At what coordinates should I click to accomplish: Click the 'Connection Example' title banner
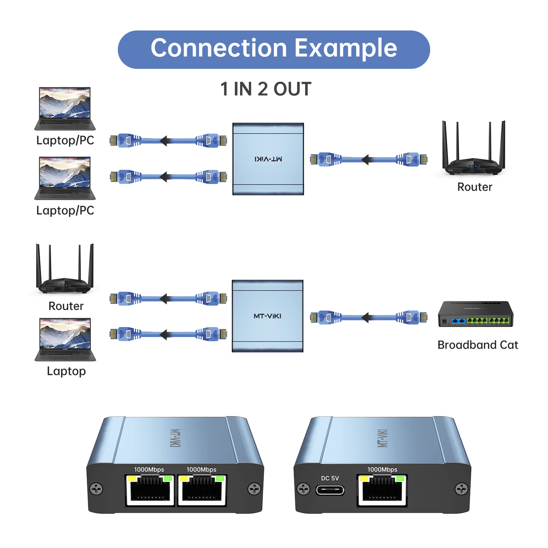(274, 49)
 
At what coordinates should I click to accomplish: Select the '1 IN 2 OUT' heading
(266, 89)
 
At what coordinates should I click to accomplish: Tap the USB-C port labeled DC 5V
(330, 490)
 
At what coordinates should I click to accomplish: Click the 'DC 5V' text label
(330, 478)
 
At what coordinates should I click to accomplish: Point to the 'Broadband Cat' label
(478, 345)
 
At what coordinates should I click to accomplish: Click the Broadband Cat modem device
(475, 314)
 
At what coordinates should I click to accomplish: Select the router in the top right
(474, 151)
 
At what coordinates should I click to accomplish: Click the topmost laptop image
(65, 109)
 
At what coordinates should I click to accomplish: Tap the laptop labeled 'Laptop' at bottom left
(65, 340)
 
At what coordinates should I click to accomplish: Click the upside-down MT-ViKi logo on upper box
(268, 159)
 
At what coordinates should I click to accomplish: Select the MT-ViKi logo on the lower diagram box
(268, 316)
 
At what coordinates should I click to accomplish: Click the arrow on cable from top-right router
(365, 160)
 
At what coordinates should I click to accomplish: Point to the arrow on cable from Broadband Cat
(365, 317)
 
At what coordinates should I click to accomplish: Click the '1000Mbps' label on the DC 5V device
(382, 469)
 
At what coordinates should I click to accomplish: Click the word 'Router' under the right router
(474, 187)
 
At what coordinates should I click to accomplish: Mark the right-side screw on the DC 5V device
(462, 489)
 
